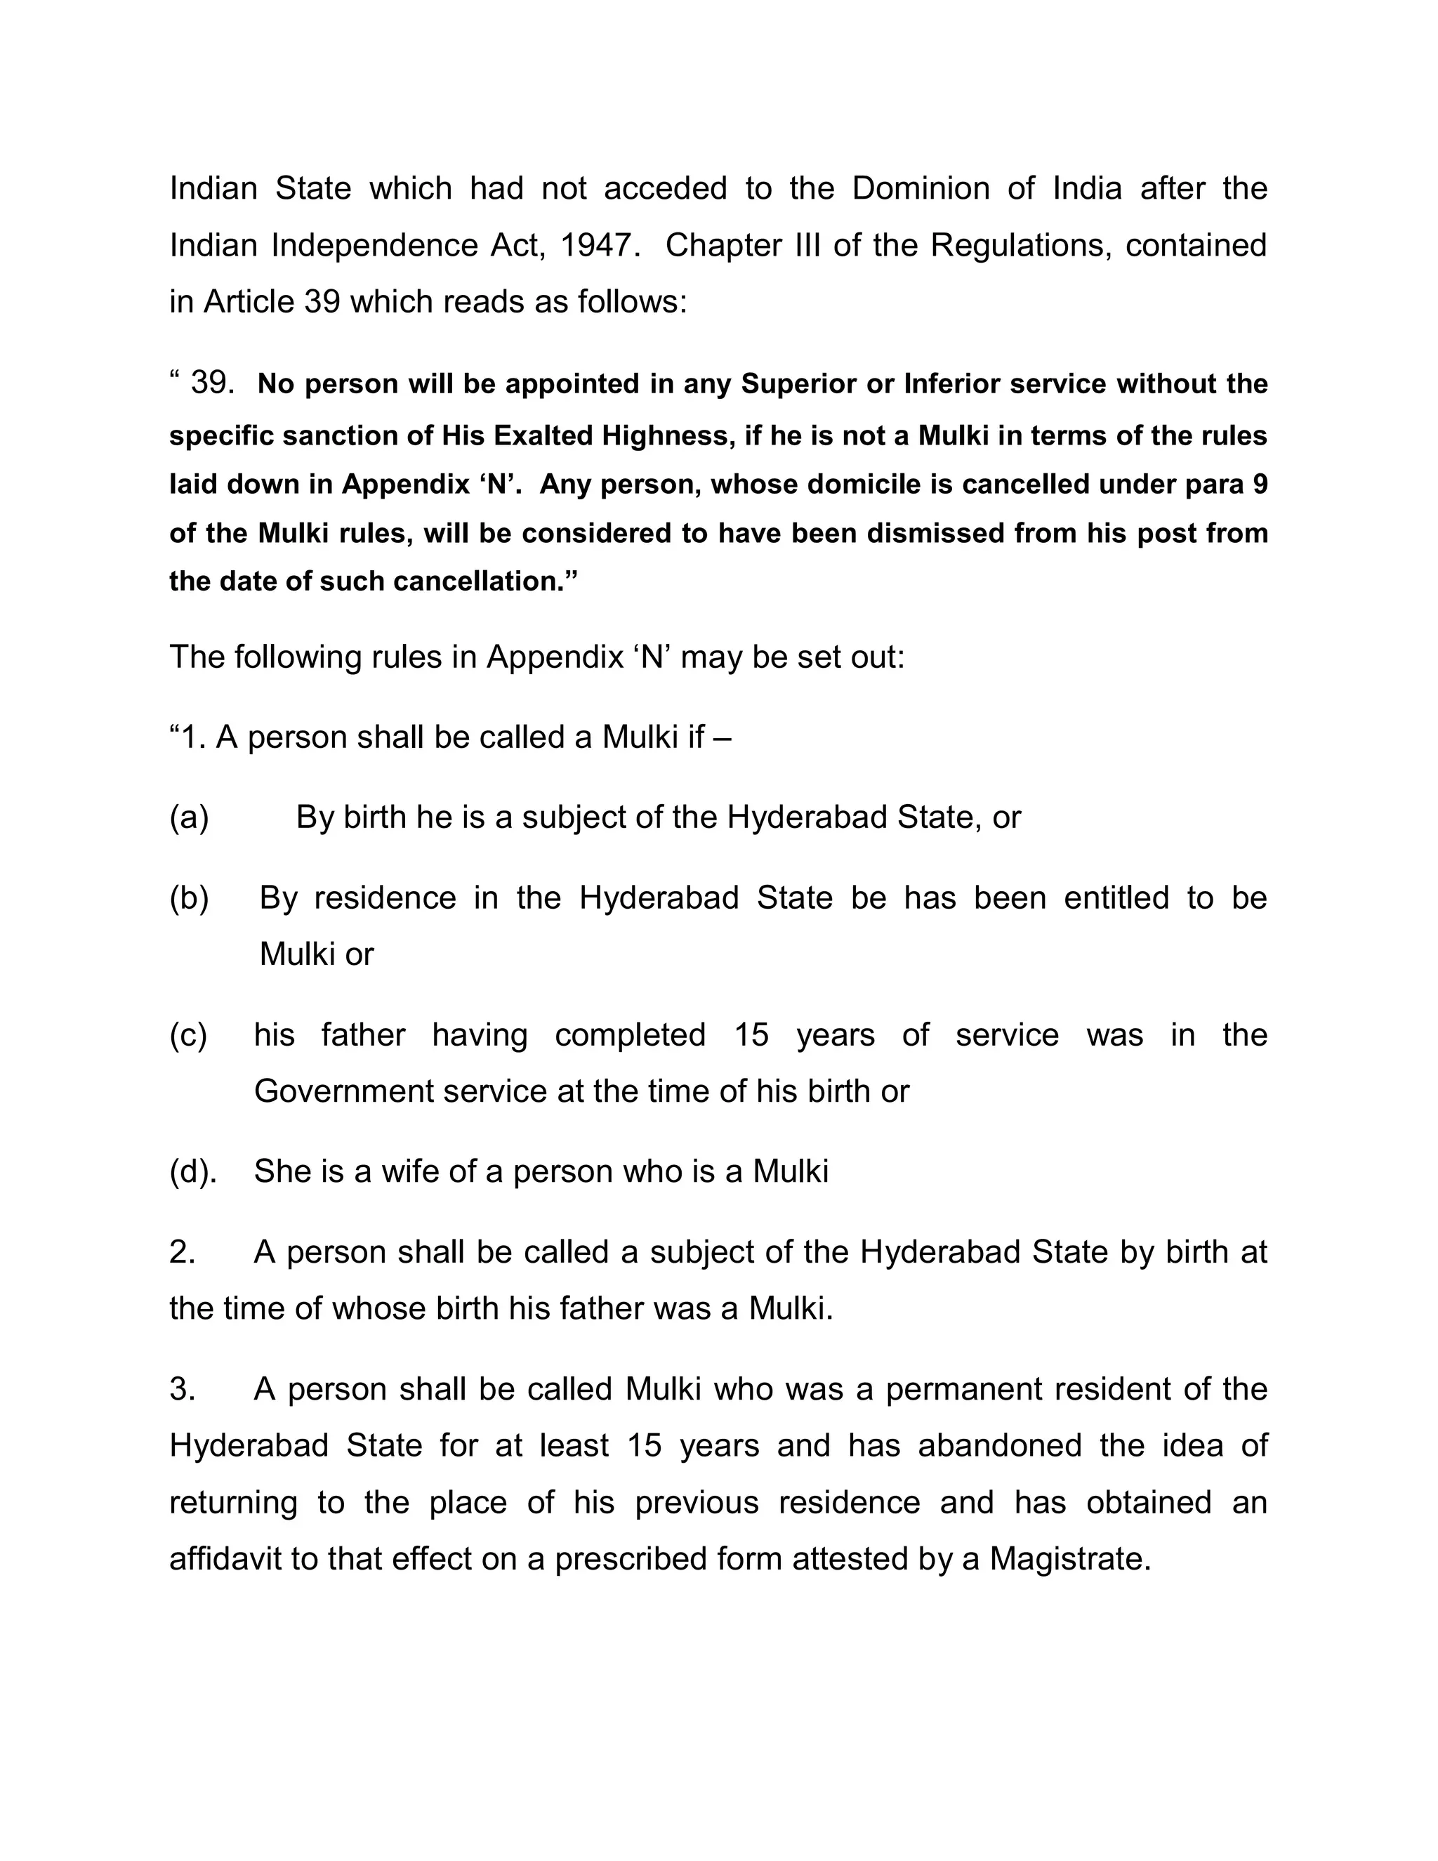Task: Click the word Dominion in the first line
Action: point(920,188)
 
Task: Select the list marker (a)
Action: point(189,817)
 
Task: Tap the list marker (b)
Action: point(189,898)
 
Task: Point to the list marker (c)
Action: point(188,1035)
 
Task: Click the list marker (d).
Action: point(192,1171)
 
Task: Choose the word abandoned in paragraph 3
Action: point(999,1445)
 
